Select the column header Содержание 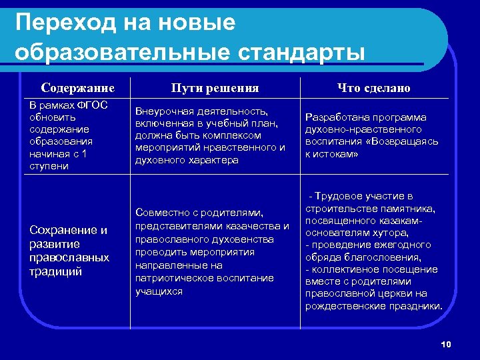point(77,88)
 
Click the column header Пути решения point(215,88)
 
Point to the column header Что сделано point(373,88)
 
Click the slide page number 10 point(446,344)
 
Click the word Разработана point(333,117)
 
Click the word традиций point(55,271)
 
